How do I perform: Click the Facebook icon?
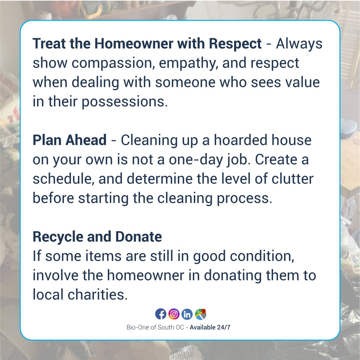pos(161,314)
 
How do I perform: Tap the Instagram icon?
pos(174,314)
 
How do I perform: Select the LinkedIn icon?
pos(187,314)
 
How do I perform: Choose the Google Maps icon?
pos(200,314)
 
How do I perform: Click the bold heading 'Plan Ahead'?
pos(69,140)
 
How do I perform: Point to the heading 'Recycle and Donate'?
pos(97,237)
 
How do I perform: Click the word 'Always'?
pos(299,44)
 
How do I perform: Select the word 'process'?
pos(245,198)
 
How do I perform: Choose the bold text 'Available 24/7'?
pos(210,327)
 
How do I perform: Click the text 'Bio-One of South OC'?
pos(155,327)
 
